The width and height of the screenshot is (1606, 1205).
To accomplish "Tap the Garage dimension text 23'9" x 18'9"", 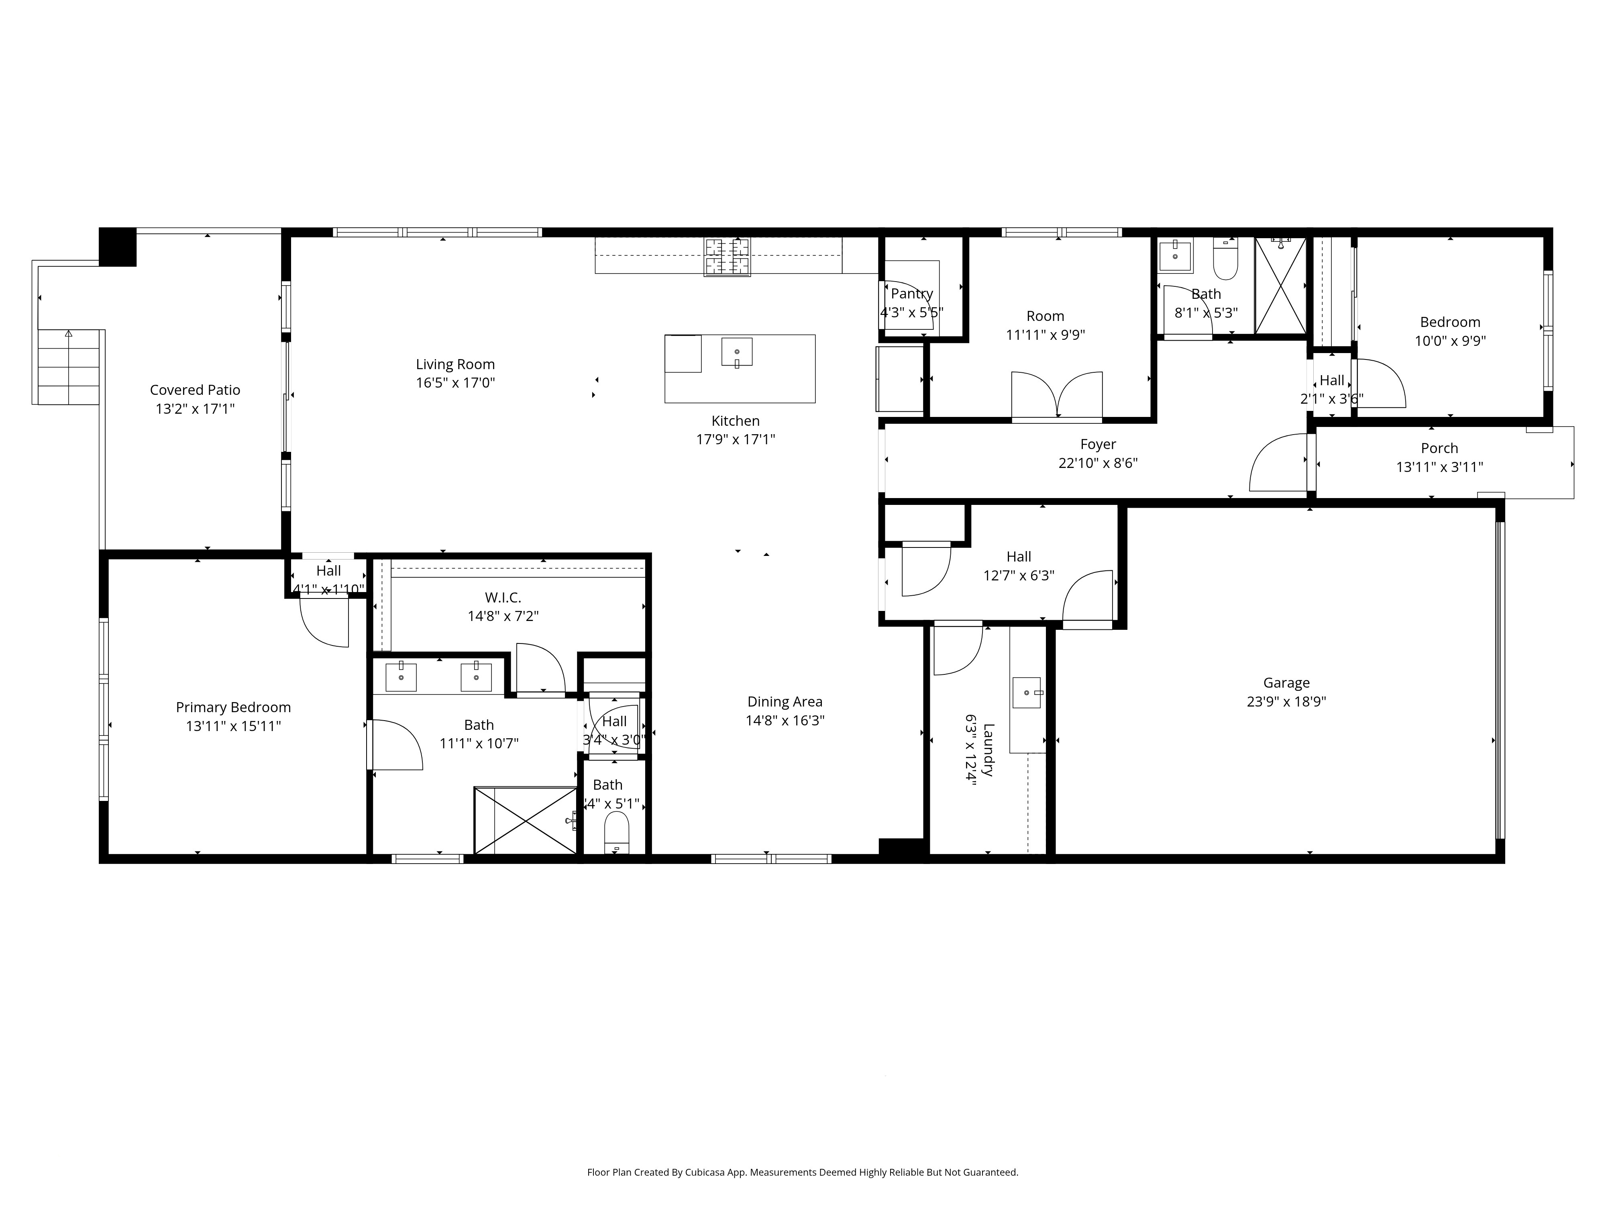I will pyautogui.click(x=1286, y=702).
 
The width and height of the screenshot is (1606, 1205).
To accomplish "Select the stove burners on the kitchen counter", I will pyautogui.click(x=727, y=257).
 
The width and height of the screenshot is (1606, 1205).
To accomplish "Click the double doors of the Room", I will pyautogui.click(x=1057, y=396).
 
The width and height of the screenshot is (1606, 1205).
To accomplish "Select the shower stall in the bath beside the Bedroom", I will pyautogui.click(x=1280, y=286).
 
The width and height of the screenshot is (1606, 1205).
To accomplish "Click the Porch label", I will pyautogui.click(x=1439, y=448).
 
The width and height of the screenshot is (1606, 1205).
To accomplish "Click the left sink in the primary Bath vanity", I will pyautogui.click(x=401, y=677).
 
